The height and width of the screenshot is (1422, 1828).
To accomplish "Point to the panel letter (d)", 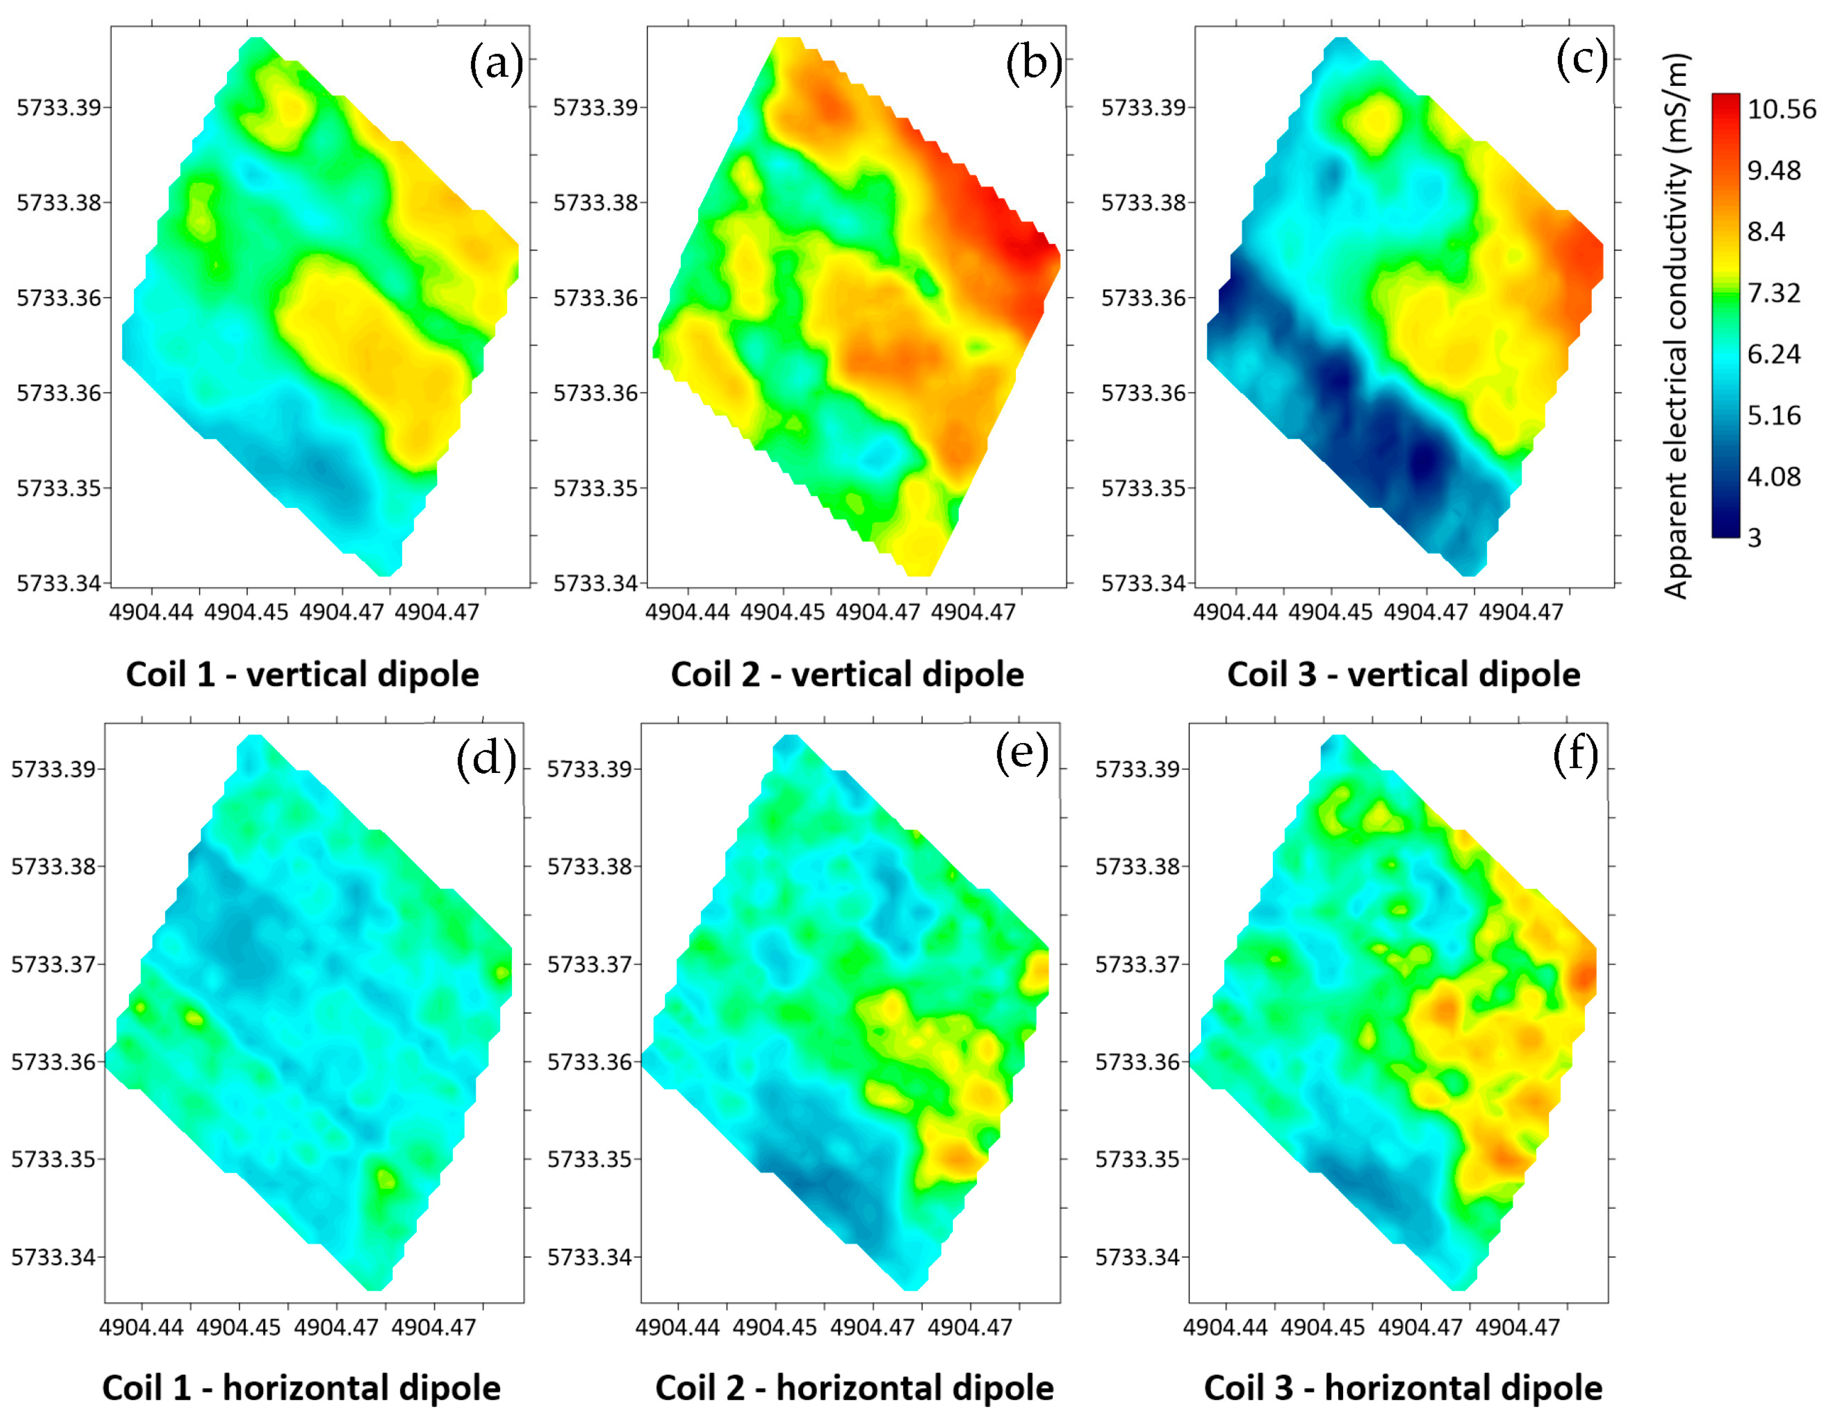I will coord(485,759).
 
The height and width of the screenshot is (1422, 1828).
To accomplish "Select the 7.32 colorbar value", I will coord(1773,293).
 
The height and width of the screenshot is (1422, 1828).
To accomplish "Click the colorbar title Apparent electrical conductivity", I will coord(1676,326).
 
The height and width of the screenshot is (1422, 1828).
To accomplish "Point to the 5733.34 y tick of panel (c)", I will coord(1143,583).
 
